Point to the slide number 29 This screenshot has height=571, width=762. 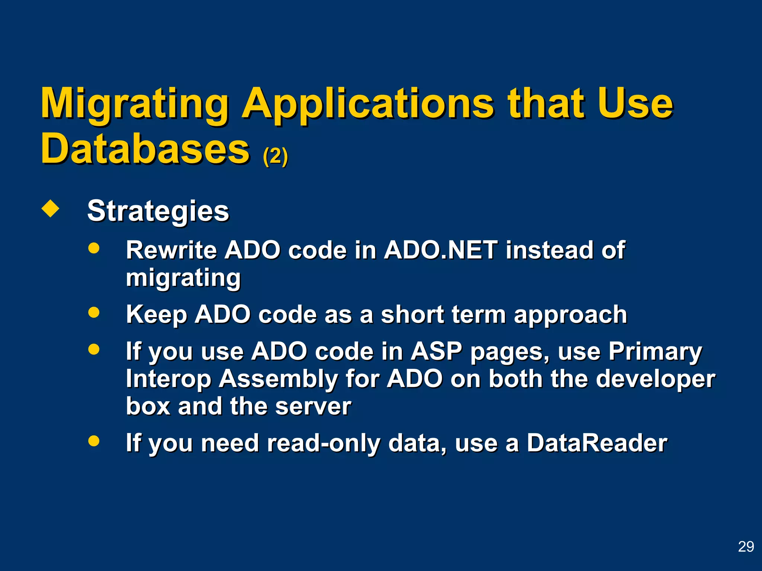[x=746, y=546]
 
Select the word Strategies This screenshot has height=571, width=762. [x=158, y=211]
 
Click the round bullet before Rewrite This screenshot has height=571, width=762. [x=94, y=248]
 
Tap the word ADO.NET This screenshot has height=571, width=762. [x=441, y=250]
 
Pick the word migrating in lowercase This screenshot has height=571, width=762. [x=183, y=278]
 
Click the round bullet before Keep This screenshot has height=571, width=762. [x=94, y=312]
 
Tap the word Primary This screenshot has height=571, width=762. [x=655, y=351]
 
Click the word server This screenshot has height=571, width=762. [x=313, y=406]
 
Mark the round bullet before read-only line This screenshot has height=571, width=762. [x=94, y=441]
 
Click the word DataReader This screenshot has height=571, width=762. [x=597, y=443]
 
